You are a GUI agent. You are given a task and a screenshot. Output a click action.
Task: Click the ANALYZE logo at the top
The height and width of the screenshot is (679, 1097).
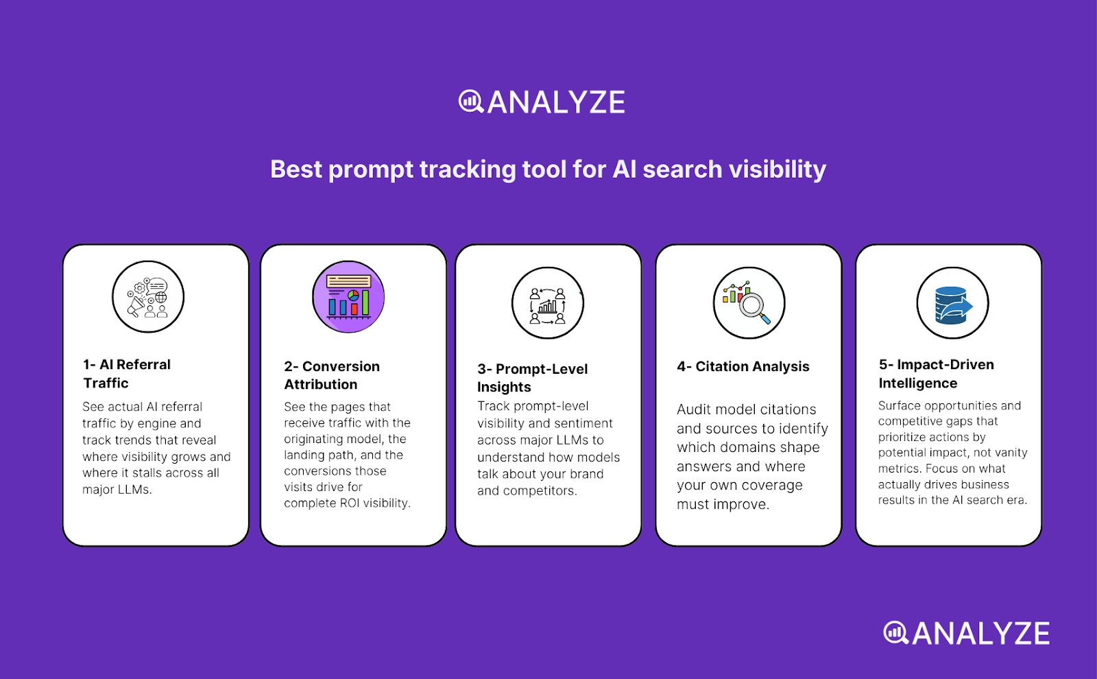click(x=542, y=102)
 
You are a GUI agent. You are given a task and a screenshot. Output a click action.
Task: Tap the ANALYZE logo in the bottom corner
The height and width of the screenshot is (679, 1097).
click(x=966, y=633)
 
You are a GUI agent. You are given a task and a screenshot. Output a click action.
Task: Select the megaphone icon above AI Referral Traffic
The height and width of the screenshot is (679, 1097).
click(x=148, y=297)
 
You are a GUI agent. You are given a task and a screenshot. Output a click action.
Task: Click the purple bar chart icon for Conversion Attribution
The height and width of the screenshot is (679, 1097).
click(x=348, y=297)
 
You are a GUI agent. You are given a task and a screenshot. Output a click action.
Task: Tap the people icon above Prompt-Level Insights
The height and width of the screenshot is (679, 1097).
click(x=548, y=303)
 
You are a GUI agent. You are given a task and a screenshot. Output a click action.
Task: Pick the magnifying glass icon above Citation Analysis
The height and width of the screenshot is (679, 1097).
click(x=749, y=303)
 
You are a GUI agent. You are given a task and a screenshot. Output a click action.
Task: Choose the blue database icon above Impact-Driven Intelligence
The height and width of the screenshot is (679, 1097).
click(x=952, y=303)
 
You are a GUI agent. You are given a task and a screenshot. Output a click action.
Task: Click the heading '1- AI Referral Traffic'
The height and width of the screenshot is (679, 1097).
click(x=127, y=374)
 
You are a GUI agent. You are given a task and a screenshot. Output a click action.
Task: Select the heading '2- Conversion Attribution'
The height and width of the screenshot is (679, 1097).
click(x=332, y=375)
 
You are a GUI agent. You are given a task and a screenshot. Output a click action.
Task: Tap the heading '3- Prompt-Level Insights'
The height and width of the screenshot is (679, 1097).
click(x=532, y=378)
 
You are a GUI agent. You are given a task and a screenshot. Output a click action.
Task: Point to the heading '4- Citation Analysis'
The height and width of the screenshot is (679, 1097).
click(x=743, y=367)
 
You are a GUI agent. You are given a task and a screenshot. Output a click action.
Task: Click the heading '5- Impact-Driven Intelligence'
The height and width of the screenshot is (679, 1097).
click(x=936, y=374)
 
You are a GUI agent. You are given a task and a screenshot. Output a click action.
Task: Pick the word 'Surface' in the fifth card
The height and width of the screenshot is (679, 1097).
click(x=900, y=406)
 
